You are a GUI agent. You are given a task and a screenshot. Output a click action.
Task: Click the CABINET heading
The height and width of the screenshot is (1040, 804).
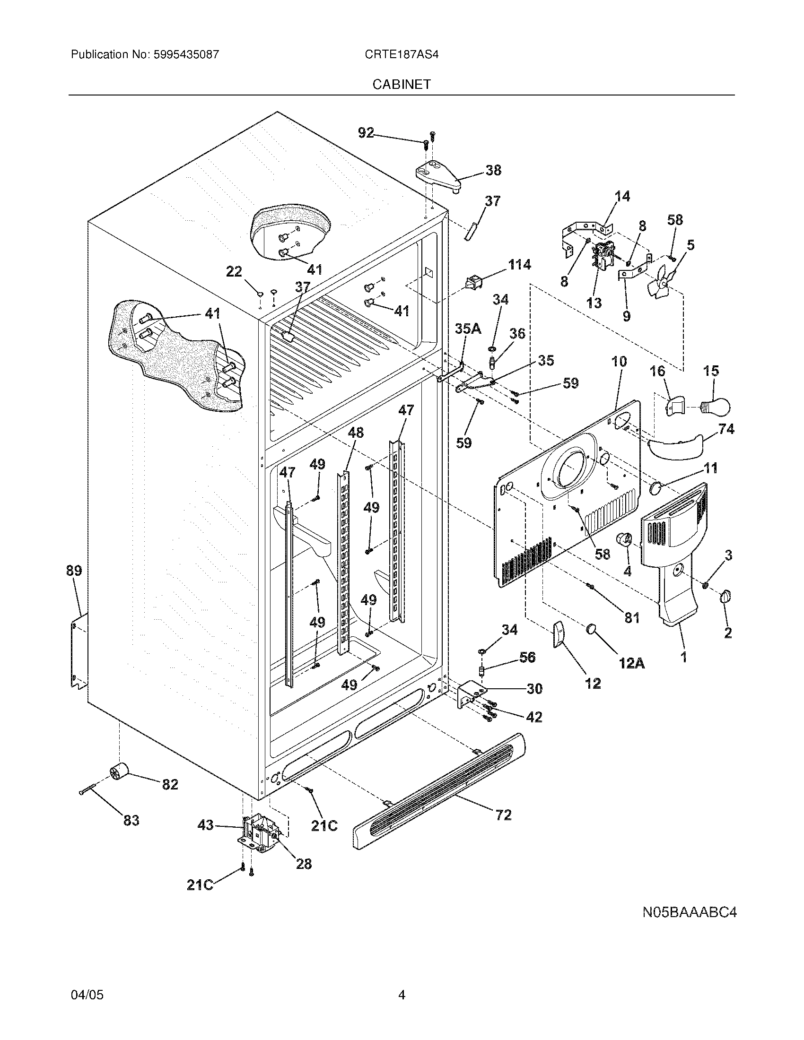[x=402, y=84]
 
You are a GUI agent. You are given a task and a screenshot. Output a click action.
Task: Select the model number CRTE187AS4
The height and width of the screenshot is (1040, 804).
[x=402, y=54]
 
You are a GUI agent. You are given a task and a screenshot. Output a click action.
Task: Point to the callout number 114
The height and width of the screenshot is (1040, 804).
[x=519, y=264]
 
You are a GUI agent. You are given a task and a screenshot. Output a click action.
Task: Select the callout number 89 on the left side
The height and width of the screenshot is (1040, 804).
[x=74, y=571]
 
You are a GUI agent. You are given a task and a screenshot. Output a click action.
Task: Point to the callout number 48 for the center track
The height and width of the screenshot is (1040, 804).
[x=355, y=433]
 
